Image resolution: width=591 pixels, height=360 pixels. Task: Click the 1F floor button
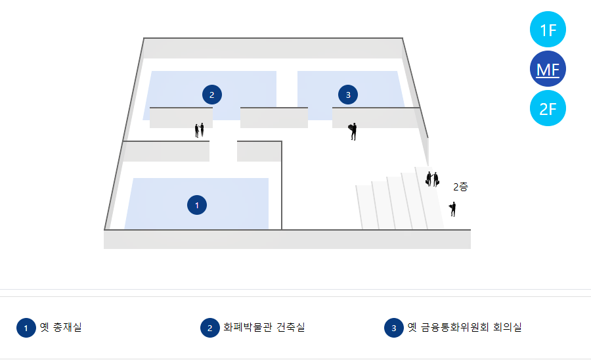pos(548,30)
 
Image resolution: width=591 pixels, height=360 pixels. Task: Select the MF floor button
pos(548,69)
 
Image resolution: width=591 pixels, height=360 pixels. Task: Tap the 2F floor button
pos(548,108)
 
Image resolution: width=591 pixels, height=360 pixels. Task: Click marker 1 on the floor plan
pos(196,206)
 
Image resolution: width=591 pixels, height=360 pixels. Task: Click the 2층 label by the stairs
pos(460,187)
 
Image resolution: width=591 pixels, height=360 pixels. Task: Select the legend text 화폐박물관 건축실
pos(264,327)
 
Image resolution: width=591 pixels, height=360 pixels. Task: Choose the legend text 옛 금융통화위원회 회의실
pos(464,327)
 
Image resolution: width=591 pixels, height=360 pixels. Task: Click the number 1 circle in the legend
pos(26,328)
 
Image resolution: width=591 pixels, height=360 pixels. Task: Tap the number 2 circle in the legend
pos(209,328)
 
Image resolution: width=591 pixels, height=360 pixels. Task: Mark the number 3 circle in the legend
pos(393,328)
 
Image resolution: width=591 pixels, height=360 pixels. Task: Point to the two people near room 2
pos(199,130)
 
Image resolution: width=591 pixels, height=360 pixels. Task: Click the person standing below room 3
pos(353,131)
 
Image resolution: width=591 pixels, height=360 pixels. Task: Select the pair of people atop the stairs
pos(432,179)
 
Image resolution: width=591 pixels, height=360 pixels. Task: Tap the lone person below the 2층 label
pos(452,209)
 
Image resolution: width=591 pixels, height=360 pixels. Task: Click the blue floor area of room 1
pos(158,204)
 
